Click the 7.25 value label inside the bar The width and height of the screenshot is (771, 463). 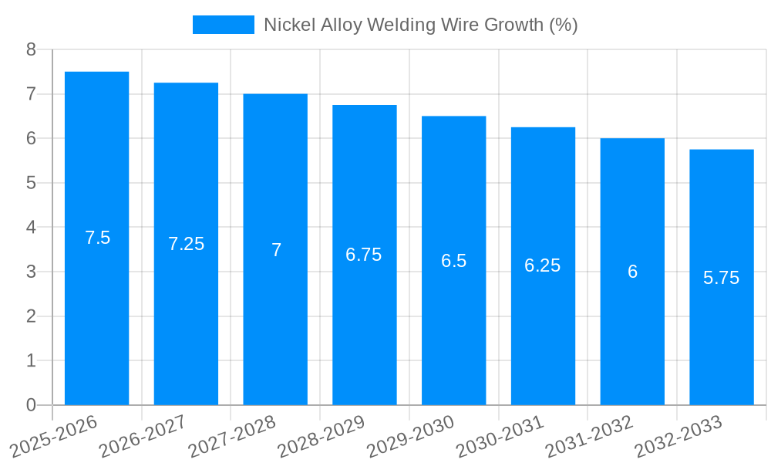pyautogui.click(x=186, y=244)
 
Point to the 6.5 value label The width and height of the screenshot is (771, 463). pyautogui.click(x=453, y=261)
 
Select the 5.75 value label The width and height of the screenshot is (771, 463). pyautogui.click(x=721, y=278)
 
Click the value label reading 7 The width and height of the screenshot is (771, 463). pyautogui.click(x=275, y=250)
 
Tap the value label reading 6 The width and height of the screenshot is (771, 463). pyautogui.click(x=632, y=272)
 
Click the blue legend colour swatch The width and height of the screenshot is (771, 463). pyautogui.click(x=223, y=25)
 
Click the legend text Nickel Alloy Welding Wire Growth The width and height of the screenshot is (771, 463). pyautogui.click(x=420, y=25)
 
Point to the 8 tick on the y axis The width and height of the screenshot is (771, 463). pyautogui.click(x=31, y=50)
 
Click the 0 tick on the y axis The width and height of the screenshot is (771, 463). pyautogui.click(x=31, y=405)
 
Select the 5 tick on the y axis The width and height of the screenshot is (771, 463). pyautogui.click(x=31, y=183)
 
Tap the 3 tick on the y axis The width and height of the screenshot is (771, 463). pyautogui.click(x=31, y=272)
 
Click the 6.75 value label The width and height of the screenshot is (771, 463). pyautogui.click(x=364, y=255)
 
